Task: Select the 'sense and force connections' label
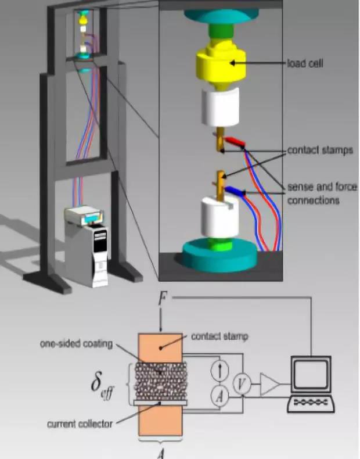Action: [x=322, y=193]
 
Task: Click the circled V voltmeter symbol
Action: [x=240, y=383]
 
